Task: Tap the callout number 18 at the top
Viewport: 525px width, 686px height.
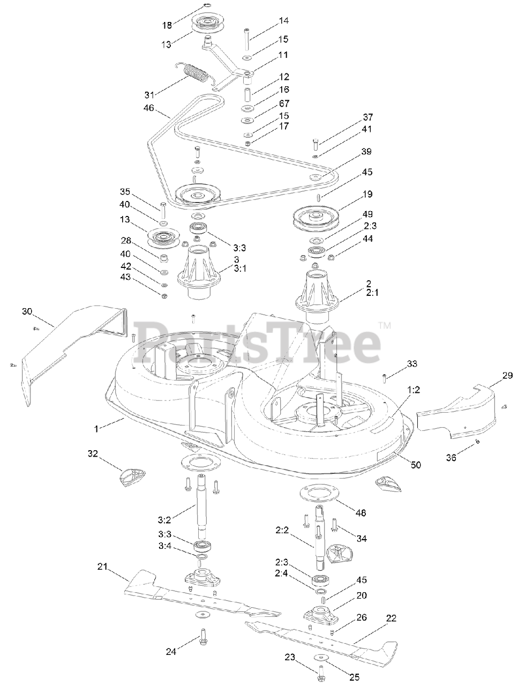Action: (168, 25)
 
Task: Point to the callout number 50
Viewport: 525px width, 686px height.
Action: (416, 465)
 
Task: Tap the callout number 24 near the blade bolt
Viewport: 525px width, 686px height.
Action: (171, 652)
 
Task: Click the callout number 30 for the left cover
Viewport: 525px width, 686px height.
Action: (27, 311)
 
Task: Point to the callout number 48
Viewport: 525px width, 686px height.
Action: (361, 513)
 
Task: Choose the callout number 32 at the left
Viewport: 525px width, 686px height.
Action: (93, 453)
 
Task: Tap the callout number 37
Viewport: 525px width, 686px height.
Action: (367, 117)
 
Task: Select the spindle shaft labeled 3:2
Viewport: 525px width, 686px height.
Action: (203, 504)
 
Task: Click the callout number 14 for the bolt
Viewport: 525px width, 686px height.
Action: (283, 21)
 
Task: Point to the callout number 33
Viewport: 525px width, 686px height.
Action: (411, 364)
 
